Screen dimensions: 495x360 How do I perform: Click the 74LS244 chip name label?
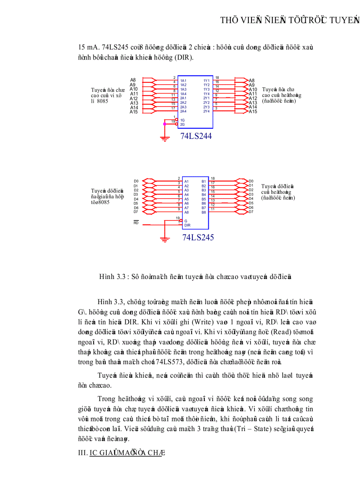196,136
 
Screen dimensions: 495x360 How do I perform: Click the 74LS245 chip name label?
198,238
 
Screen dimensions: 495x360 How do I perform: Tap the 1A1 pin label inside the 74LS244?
183,81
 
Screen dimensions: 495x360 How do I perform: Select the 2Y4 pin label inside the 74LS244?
206,112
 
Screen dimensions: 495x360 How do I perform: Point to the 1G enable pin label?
182,120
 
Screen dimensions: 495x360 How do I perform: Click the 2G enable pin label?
182,124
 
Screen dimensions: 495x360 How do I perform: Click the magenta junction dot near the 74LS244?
165,124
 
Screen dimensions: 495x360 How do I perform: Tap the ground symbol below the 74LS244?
165,139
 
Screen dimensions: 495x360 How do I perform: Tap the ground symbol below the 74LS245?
165,239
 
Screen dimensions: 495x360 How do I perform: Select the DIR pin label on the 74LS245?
187,225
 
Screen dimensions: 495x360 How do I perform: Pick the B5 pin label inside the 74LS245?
203,199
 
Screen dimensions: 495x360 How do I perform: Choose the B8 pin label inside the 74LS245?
203,212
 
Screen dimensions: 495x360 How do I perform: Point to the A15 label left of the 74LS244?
134,112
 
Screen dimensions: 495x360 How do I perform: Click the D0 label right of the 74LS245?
251,181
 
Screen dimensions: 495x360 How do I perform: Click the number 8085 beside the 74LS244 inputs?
102,101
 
